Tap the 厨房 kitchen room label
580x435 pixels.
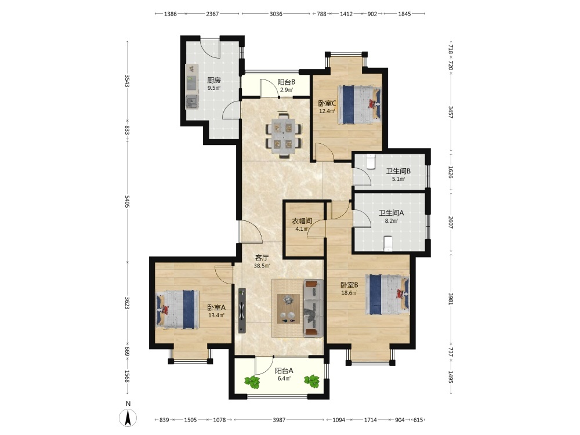point(214,80)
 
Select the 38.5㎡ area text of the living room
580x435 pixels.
point(262,266)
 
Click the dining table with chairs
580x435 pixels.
point(284,135)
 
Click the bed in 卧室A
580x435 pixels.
point(177,309)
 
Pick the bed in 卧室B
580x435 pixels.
point(387,295)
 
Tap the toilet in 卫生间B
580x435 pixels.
point(371,162)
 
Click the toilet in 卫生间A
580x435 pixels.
point(387,244)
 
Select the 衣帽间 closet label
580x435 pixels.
point(302,221)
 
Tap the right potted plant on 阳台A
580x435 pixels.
point(312,381)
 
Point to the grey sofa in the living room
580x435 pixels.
point(313,308)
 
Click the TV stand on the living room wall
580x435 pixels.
point(242,311)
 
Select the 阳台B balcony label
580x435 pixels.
point(287,82)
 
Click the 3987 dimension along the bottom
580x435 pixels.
point(280,420)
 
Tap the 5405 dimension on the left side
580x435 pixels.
point(127,201)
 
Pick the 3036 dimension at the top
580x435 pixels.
point(276,14)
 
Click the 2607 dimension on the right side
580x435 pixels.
point(450,222)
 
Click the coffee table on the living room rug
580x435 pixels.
point(288,309)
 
